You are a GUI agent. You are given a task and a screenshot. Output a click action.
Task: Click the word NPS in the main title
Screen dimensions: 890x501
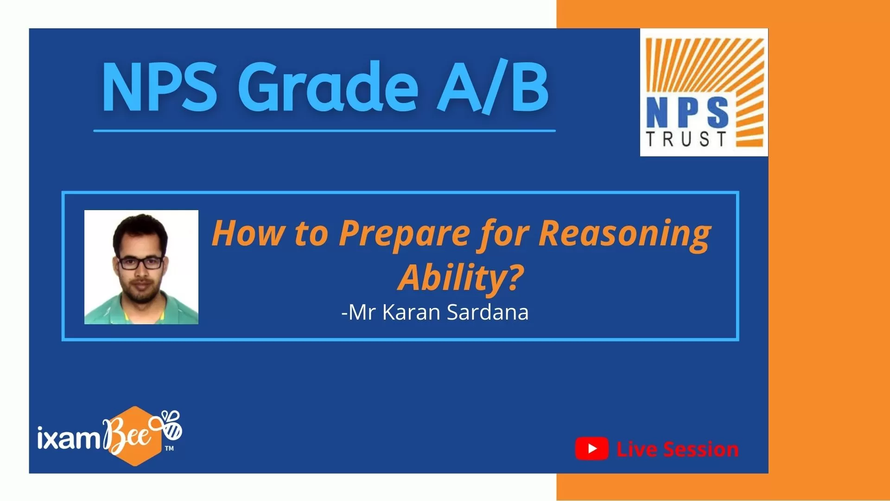pos(159,87)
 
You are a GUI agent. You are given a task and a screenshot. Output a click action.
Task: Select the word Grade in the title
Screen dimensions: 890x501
pos(328,87)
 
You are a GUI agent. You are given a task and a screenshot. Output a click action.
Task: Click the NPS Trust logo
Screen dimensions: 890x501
pos(704,92)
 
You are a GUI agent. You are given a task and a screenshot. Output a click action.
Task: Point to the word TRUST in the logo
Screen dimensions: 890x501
pos(686,139)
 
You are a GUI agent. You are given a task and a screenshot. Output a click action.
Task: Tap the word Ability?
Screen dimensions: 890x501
pos(461,278)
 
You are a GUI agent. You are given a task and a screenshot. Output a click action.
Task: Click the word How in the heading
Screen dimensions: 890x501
pos(247,233)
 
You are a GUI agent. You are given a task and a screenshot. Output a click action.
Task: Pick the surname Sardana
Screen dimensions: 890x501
pos(488,312)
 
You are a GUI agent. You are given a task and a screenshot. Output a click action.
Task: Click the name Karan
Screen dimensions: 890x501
pos(411,312)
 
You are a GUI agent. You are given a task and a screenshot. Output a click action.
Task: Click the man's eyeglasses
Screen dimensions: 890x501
pos(141,263)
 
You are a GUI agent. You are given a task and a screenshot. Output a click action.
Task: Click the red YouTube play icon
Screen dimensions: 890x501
pos(592,449)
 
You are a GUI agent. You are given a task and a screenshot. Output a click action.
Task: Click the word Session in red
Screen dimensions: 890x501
pos(701,450)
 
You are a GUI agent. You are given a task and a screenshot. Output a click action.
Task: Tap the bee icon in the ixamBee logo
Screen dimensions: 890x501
pos(171,424)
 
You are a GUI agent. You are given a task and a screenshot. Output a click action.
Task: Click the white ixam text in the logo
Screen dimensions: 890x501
pos(70,437)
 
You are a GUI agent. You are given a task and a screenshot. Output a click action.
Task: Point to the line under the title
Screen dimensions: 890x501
pos(324,131)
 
